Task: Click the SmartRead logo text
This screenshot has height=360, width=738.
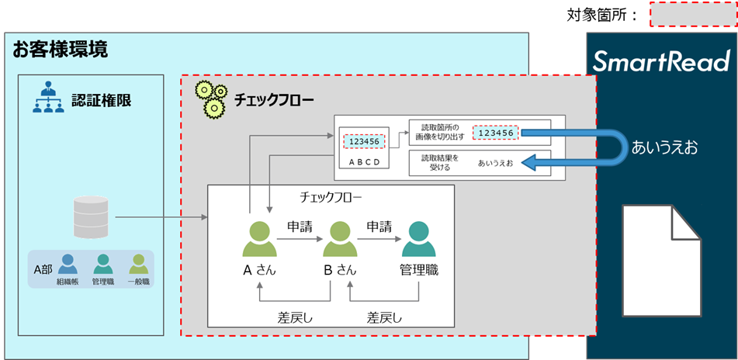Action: click(x=661, y=61)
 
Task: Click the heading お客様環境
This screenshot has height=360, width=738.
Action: click(x=60, y=50)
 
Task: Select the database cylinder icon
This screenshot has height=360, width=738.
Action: click(x=91, y=216)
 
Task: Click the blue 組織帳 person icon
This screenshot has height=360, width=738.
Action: click(x=68, y=265)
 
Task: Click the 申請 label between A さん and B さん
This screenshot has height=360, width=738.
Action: click(x=299, y=227)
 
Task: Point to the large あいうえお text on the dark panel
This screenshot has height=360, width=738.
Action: click(x=665, y=147)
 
